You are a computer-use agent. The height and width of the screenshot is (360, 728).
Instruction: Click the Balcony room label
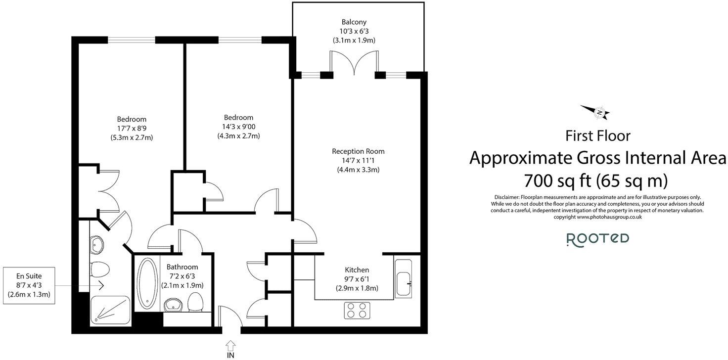coord(354,22)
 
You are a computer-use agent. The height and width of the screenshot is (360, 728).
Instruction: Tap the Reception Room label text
coord(358,151)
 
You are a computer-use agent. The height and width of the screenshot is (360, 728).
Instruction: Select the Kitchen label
coord(357,270)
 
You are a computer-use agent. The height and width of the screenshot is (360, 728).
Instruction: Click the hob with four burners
coord(357,310)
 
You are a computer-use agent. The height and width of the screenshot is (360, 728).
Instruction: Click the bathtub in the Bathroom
coord(146,283)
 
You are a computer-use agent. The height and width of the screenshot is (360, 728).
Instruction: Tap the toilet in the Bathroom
coord(196,302)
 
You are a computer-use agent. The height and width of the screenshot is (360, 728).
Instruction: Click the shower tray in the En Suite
coord(110,310)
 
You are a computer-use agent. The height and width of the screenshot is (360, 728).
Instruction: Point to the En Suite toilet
coord(100,270)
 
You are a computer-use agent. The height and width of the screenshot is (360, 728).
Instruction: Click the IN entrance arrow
coord(230,346)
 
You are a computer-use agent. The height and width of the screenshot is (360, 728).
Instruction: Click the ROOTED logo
coord(597,239)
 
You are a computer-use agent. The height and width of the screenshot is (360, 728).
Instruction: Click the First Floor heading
coord(598,135)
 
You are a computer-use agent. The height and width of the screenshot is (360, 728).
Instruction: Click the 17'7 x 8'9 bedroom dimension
coord(132,128)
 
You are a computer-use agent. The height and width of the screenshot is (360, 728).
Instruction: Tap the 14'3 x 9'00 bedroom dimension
coord(238,127)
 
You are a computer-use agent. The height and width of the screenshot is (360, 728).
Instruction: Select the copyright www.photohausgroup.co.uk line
coord(597,217)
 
